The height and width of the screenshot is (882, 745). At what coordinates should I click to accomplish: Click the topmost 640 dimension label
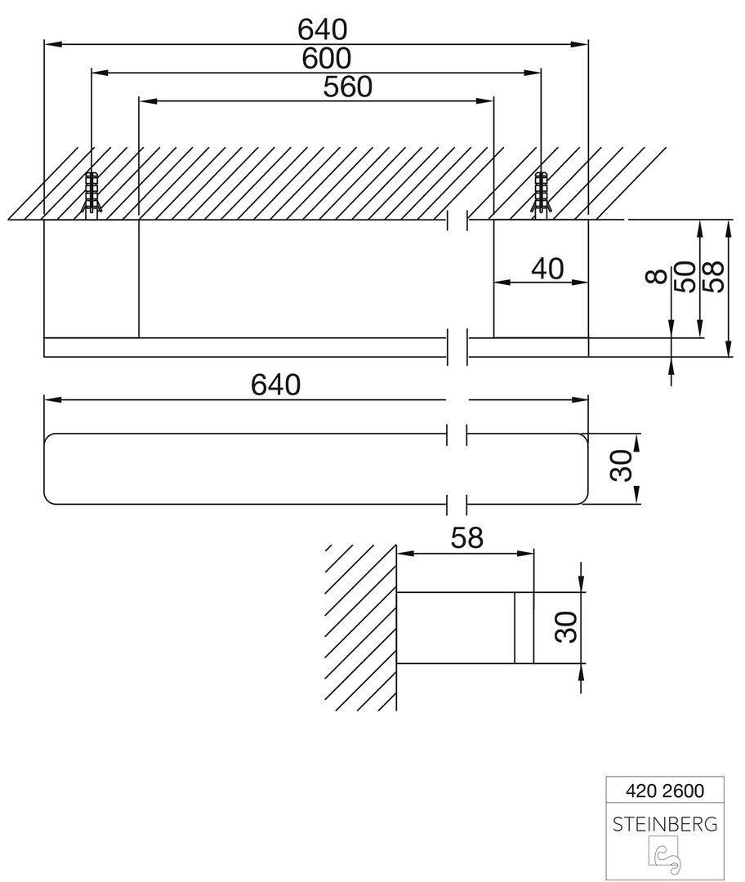tap(323, 30)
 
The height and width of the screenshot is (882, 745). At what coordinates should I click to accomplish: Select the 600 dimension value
tap(327, 59)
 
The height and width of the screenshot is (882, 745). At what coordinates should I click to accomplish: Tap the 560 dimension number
tap(348, 87)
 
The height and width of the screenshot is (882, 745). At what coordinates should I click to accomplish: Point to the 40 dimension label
tap(547, 269)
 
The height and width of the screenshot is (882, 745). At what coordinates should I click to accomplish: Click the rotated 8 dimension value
tap(657, 276)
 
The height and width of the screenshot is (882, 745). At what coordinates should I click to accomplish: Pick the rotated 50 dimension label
tap(685, 276)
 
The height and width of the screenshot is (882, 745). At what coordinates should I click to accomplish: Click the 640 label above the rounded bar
tap(276, 385)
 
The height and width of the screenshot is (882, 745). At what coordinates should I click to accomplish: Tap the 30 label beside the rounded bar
tap(621, 465)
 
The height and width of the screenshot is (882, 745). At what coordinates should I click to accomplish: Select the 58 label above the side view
tap(467, 538)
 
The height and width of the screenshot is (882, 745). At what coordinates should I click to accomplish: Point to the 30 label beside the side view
tap(565, 627)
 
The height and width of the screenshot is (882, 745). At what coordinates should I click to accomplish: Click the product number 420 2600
tap(664, 791)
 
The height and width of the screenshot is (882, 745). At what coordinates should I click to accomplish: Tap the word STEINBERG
tap(664, 825)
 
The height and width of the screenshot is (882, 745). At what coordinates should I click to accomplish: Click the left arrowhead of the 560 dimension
tap(147, 101)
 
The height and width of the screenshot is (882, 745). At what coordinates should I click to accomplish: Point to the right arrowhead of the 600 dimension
tap(533, 73)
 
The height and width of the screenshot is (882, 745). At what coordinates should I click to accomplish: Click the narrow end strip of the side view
tap(524, 627)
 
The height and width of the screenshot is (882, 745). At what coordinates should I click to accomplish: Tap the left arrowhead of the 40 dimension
tap(502, 283)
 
